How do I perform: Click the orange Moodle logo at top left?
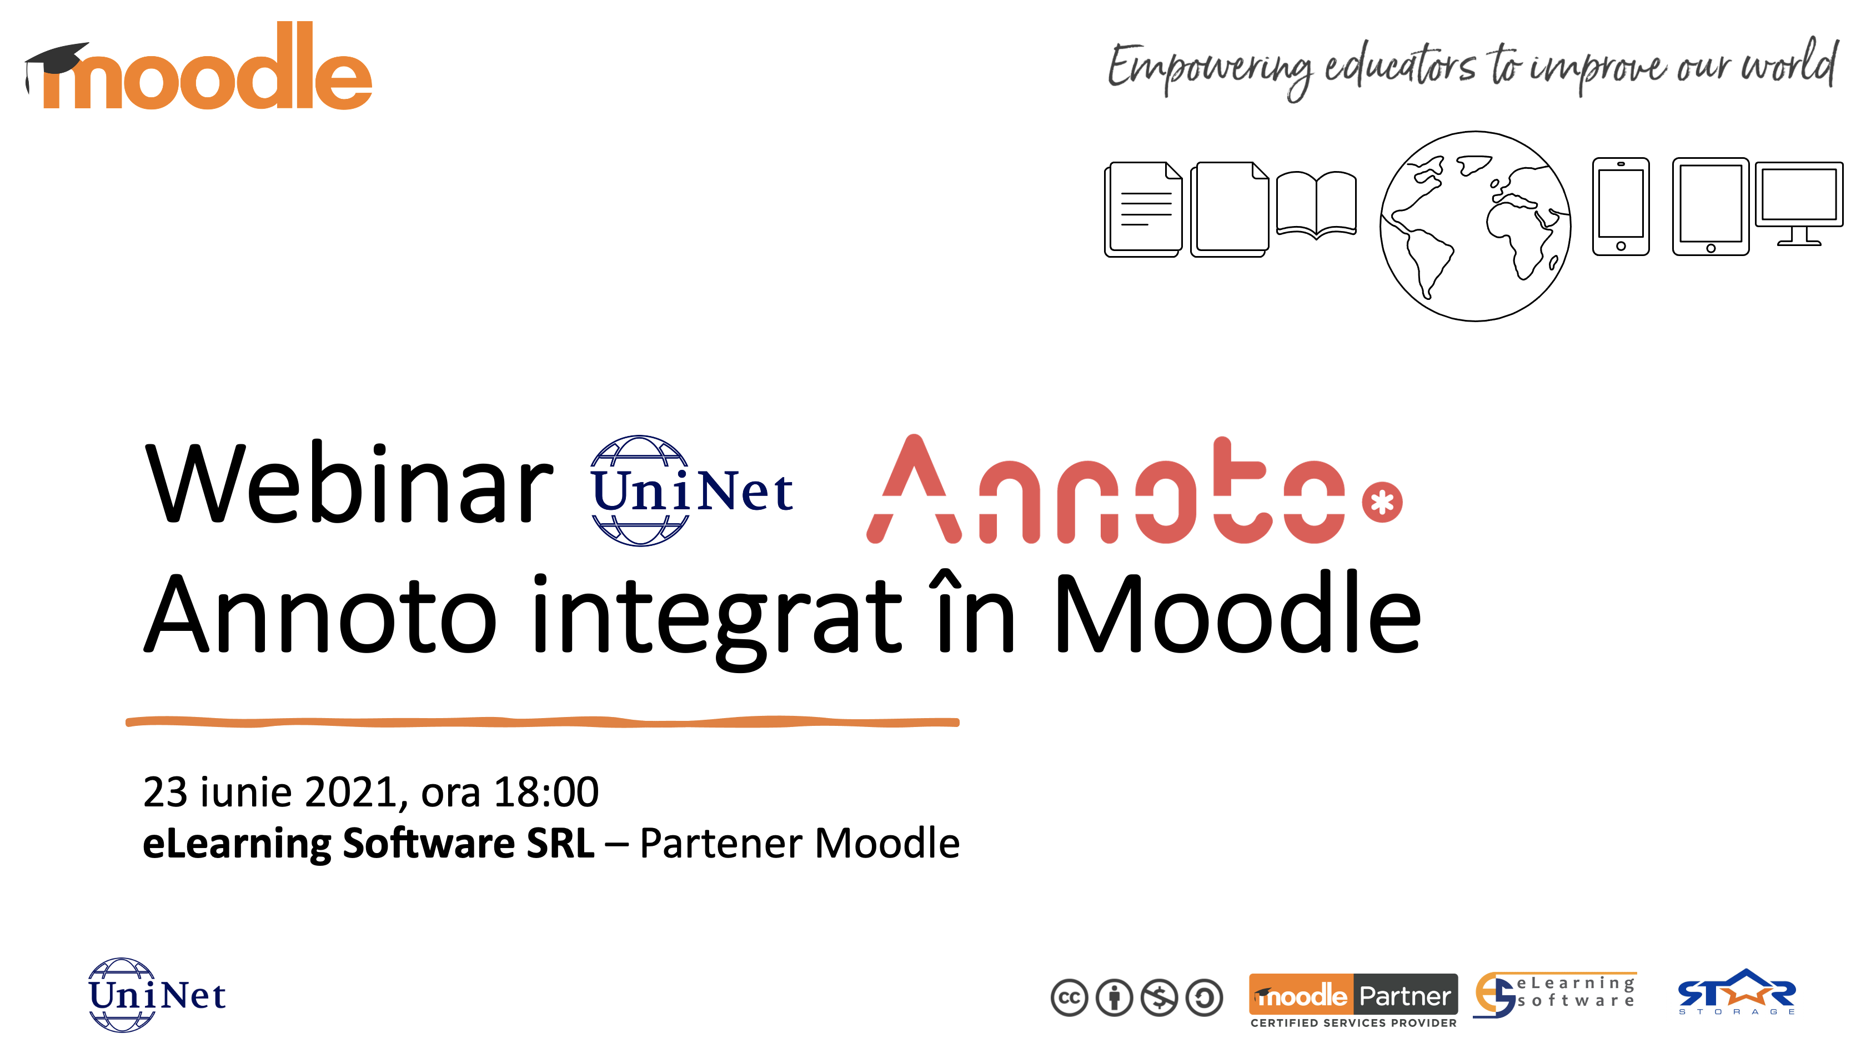click(198, 67)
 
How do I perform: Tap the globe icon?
click(1476, 226)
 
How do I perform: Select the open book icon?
click(1316, 205)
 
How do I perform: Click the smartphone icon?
click(1621, 207)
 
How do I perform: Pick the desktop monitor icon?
click(1799, 203)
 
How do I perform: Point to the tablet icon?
click(1710, 207)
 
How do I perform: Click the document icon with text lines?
click(1143, 209)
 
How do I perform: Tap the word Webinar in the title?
click(349, 484)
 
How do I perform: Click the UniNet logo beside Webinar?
click(692, 490)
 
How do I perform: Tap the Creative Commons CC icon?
click(1069, 998)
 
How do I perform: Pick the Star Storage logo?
click(1737, 993)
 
